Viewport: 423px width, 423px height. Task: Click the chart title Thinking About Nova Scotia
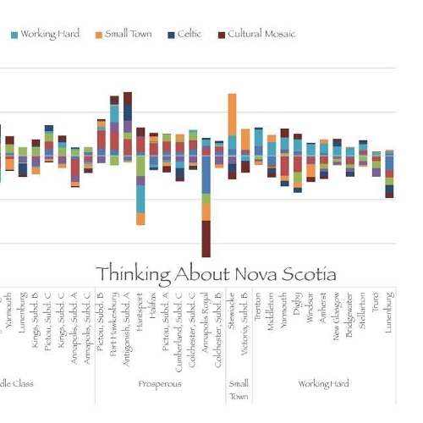tap(216, 274)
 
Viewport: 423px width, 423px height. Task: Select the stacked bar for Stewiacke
tap(232, 135)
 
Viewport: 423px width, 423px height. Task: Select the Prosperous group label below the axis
tap(160, 384)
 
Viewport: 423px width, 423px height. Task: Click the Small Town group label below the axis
tap(239, 389)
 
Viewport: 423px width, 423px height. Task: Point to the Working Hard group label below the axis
tap(324, 384)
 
